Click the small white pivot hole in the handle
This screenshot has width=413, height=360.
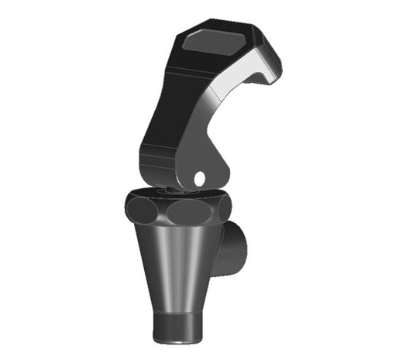pos(200,178)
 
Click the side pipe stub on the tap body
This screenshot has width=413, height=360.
pos(234,248)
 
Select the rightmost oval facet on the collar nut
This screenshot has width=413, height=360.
pos(224,207)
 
